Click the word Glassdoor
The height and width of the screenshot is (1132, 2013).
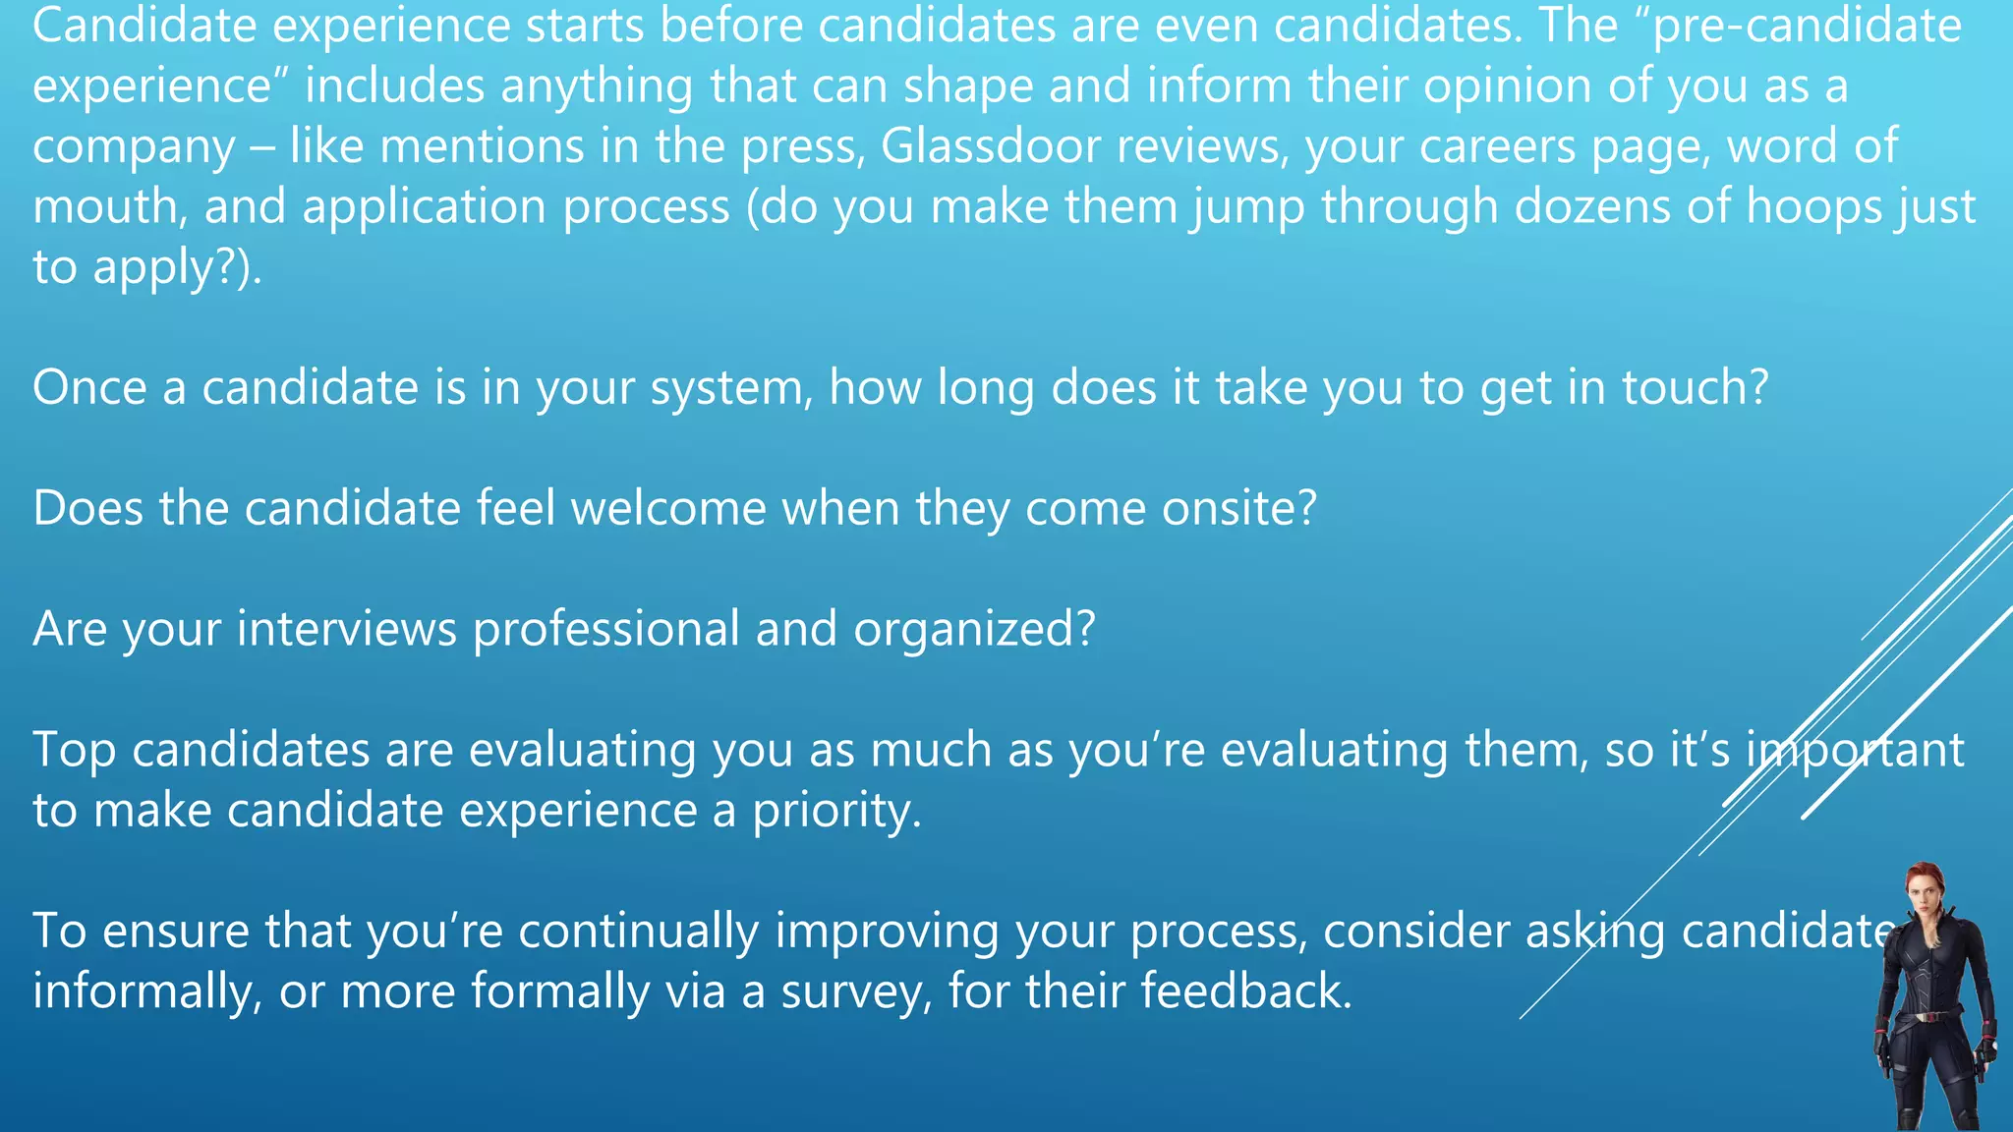click(x=990, y=146)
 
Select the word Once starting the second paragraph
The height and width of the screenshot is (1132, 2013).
click(x=89, y=387)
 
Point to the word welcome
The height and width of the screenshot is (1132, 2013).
click(x=668, y=508)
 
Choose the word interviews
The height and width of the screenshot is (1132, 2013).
click(x=347, y=629)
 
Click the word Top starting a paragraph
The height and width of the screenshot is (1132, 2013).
click(x=74, y=751)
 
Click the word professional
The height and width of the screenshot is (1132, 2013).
click(x=605, y=629)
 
